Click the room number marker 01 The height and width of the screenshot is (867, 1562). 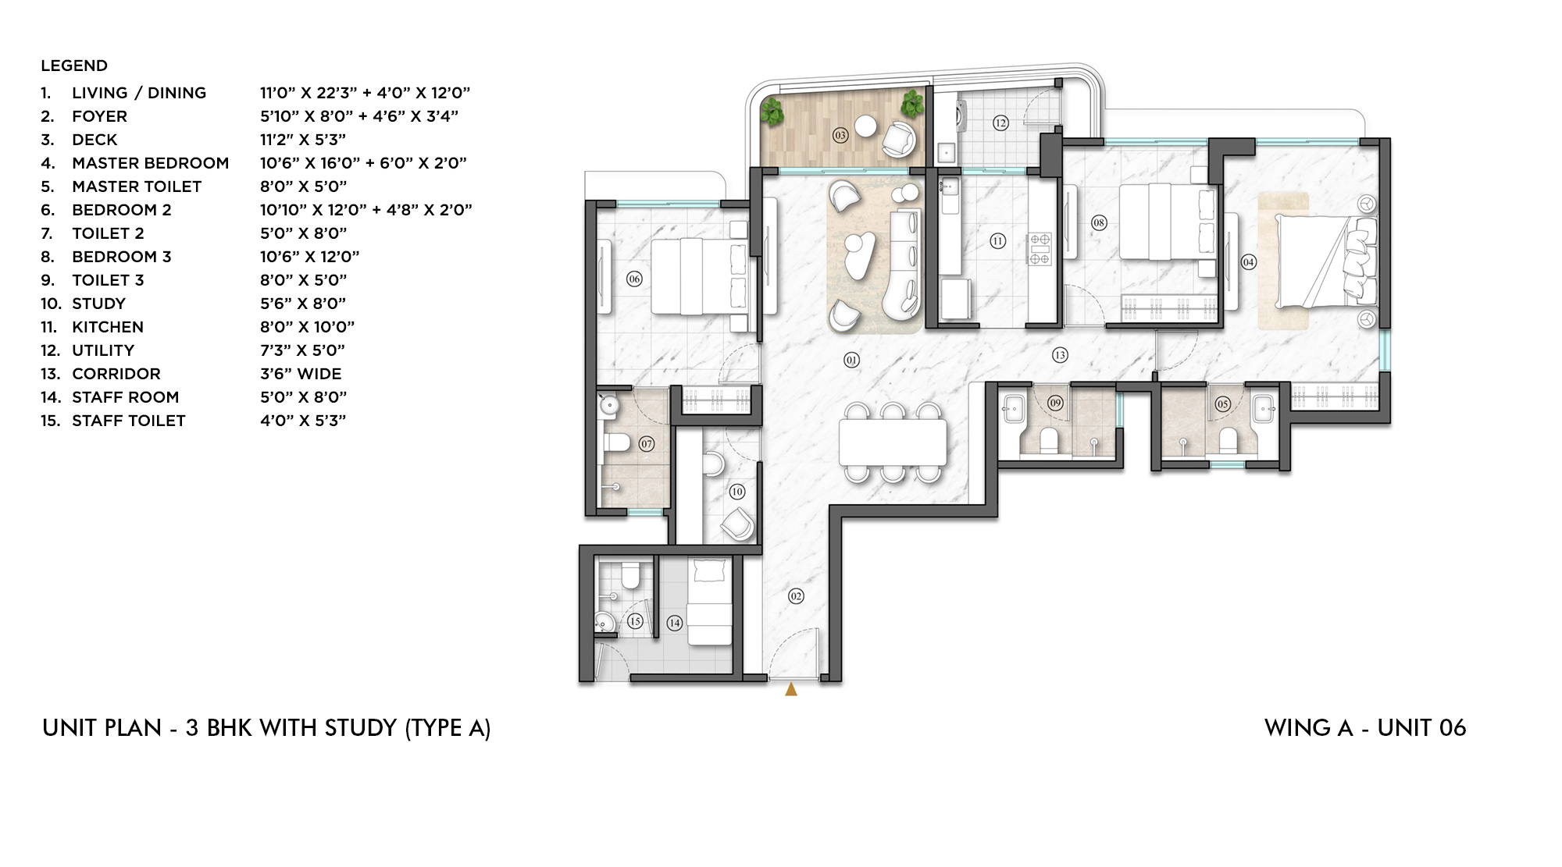tap(851, 360)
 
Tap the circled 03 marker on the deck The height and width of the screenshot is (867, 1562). tap(840, 135)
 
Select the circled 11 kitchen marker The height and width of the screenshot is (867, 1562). tap(997, 241)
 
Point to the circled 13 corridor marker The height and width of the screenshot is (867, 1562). tap(1060, 355)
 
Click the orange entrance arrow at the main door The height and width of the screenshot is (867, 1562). tap(791, 689)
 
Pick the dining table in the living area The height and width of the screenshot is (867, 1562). tap(893, 442)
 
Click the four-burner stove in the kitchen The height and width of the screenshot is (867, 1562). tap(1040, 249)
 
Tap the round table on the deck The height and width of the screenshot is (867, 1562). tap(865, 125)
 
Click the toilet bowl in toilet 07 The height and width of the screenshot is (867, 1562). tap(617, 443)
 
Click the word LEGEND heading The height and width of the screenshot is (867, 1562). tap(74, 66)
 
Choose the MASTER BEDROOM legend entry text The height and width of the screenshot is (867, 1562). tap(150, 163)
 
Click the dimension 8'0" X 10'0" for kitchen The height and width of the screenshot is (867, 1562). tap(307, 327)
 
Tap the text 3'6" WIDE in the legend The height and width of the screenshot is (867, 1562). tap(301, 374)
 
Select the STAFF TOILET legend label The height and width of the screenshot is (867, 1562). tap(129, 421)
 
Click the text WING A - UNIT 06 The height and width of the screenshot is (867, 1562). tap(1364, 727)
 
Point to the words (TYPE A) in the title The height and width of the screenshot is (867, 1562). tap(448, 727)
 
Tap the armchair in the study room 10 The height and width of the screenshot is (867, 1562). tap(738, 524)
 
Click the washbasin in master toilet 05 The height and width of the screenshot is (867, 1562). tap(1263, 408)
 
